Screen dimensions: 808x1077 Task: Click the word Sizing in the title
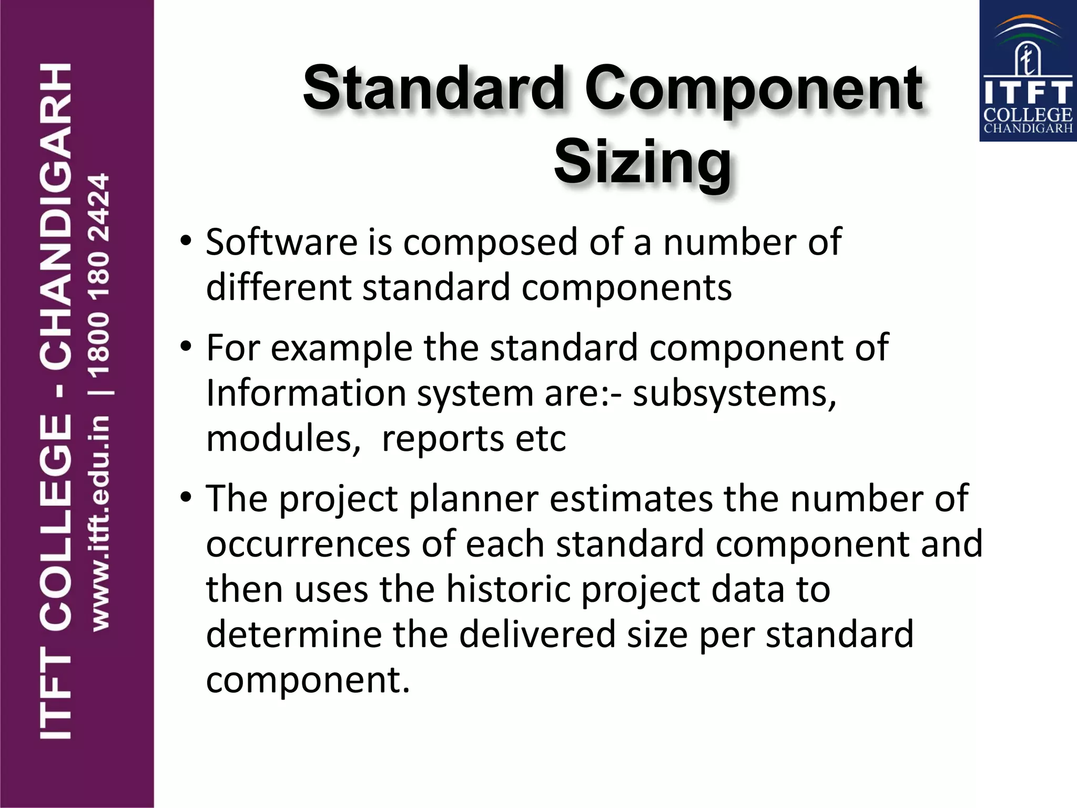coord(642,162)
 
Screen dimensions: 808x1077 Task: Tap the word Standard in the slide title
coord(434,88)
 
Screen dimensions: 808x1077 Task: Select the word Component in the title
coord(754,88)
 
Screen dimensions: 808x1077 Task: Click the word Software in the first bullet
coord(282,242)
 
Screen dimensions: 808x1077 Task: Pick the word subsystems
coord(734,393)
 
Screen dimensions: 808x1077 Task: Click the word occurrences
coord(308,544)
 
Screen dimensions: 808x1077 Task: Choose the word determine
coord(293,634)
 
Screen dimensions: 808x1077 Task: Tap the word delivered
coord(537,634)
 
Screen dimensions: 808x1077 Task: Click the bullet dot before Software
coord(186,242)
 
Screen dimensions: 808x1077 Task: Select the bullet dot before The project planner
coord(186,498)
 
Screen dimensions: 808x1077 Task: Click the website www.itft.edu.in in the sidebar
coord(100,523)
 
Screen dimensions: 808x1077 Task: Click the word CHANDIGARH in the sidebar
coord(56,216)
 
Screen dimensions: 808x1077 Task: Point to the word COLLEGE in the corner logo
coord(1028,115)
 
